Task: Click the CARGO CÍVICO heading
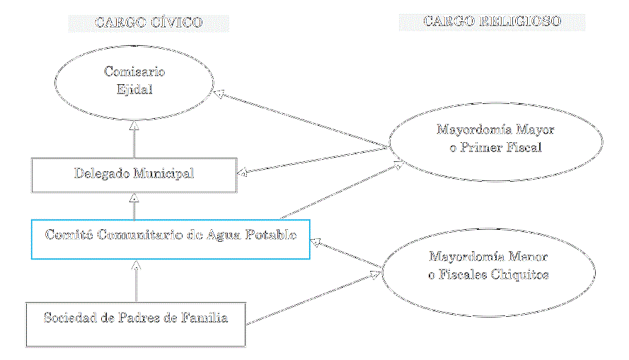tap(149, 23)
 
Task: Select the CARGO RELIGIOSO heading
tap(492, 22)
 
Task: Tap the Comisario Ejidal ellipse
tap(134, 80)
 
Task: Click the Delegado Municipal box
tap(134, 174)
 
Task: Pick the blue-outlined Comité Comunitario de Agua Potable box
tap(171, 238)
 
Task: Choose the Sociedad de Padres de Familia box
tap(135, 325)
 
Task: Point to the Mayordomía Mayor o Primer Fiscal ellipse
tap(495, 139)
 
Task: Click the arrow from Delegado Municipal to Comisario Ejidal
tap(134, 139)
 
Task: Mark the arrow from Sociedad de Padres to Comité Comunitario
tap(135, 281)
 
